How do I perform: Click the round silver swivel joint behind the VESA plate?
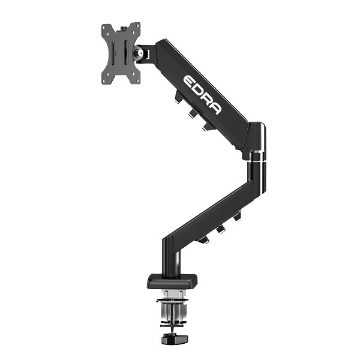tap(142, 53)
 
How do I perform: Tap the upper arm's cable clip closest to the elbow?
tap(206, 127)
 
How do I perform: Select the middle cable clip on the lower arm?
tap(221, 229)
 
